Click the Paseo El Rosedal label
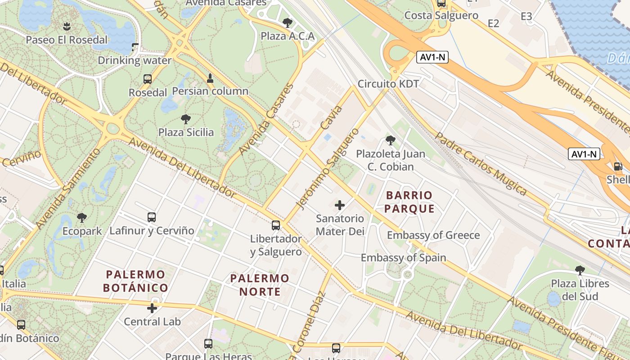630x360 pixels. (67, 40)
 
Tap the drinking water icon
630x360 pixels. (135, 47)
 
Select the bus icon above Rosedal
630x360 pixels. (148, 79)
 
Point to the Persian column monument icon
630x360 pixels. (210, 78)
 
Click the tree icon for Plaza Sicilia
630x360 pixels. (186, 119)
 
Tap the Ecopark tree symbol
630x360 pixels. (82, 218)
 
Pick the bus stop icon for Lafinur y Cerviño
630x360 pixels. (152, 217)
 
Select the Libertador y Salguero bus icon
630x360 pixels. (276, 225)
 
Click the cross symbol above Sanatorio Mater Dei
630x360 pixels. (340, 206)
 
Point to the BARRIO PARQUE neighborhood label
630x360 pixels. (409, 202)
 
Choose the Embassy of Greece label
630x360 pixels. (433, 235)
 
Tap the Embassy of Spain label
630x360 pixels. (404, 258)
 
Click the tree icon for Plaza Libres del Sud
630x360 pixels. (580, 270)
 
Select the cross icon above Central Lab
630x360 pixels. (152, 308)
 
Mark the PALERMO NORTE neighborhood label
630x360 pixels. (260, 285)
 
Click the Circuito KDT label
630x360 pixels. (388, 84)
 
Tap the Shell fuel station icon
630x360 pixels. (618, 166)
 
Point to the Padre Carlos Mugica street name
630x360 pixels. (481, 163)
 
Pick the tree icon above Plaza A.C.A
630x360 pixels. (288, 23)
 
